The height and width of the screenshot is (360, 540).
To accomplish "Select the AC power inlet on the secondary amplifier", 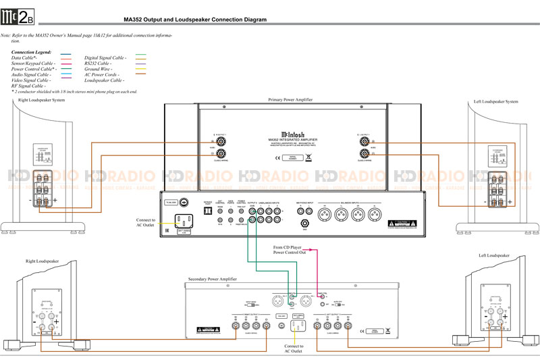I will tap(298, 326).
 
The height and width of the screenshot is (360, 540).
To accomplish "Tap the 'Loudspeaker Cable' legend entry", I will tap(105, 80).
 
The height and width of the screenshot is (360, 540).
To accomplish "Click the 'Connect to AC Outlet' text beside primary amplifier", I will tap(145, 224).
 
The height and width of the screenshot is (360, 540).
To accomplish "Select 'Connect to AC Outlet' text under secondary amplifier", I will tap(294, 349).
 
